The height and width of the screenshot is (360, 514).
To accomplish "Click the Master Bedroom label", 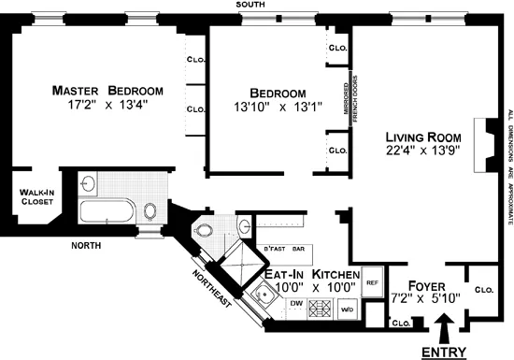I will [x=107, y=91].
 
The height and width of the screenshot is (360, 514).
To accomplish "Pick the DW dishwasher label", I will [x=294, y=304].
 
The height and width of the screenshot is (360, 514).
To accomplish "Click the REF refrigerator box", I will [x=370, y=281].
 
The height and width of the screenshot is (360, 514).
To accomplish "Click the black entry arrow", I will [x=442, y=329].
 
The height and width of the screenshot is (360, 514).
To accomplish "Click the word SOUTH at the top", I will [x=250, y=5].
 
